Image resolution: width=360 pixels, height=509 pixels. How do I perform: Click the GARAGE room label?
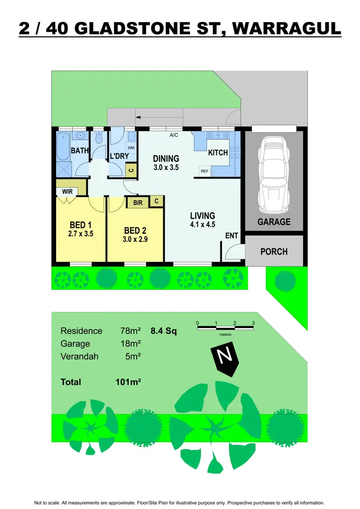274,222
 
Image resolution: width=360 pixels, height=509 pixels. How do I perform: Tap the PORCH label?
274,251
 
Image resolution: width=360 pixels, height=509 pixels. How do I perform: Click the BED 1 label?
81,225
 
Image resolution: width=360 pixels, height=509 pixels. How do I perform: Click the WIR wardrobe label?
67,191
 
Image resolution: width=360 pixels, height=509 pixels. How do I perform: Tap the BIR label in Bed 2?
138,203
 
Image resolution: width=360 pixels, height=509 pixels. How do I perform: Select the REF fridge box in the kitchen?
204,171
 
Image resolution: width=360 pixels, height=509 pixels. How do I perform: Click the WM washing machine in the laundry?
131,148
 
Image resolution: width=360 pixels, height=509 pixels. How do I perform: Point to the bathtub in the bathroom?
63,147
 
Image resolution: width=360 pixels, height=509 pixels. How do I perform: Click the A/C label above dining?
174,135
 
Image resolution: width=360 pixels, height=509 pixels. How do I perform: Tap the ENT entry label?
231,236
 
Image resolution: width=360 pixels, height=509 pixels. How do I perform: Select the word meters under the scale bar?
226,334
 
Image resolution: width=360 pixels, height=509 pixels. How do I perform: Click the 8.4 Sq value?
164,331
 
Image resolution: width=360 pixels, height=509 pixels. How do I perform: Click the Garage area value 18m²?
130,343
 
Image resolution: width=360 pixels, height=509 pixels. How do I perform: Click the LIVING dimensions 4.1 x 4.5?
202,225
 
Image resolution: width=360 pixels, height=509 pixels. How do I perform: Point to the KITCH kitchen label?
217,153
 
